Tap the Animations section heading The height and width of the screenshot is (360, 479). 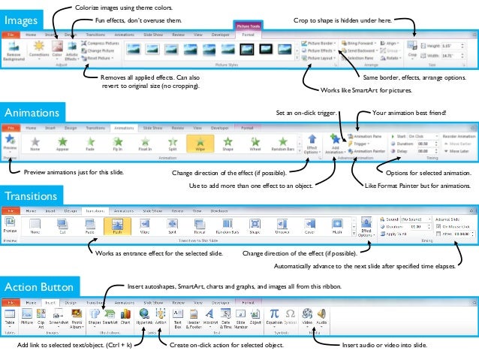coord(32,113)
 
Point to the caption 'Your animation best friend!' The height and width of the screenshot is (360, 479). coord(409,113)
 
